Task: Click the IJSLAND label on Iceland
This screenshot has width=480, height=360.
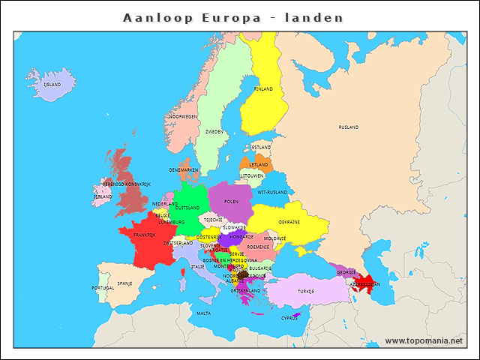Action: coord(52,85)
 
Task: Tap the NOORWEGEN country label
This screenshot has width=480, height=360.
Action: coord(183,116)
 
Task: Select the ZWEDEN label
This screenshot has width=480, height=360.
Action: coord(214,131)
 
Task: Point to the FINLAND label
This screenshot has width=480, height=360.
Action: coord(263,88)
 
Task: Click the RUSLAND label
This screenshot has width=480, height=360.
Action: coord(348,127)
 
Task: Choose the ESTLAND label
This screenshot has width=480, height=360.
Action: coord(261,147)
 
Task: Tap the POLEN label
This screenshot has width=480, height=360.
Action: coord(231,202)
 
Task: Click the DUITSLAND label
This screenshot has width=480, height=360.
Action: coord(187,207)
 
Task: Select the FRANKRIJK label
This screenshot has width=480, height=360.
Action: coord(145,235)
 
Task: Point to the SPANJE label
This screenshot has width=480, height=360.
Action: coord(124,283)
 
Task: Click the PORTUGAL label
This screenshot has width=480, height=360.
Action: coord(103,287)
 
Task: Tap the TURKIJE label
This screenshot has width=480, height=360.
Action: coord(305,291)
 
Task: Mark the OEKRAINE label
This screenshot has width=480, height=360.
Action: coord(289,222)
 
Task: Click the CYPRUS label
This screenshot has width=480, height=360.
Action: coord(289,318)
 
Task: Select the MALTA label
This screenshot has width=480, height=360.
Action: coord(204,313)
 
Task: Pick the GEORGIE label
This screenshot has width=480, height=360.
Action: coord(346,272)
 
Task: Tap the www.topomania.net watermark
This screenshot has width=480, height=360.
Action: coord(424,340)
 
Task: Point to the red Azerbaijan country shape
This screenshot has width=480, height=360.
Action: coord(367,286)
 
